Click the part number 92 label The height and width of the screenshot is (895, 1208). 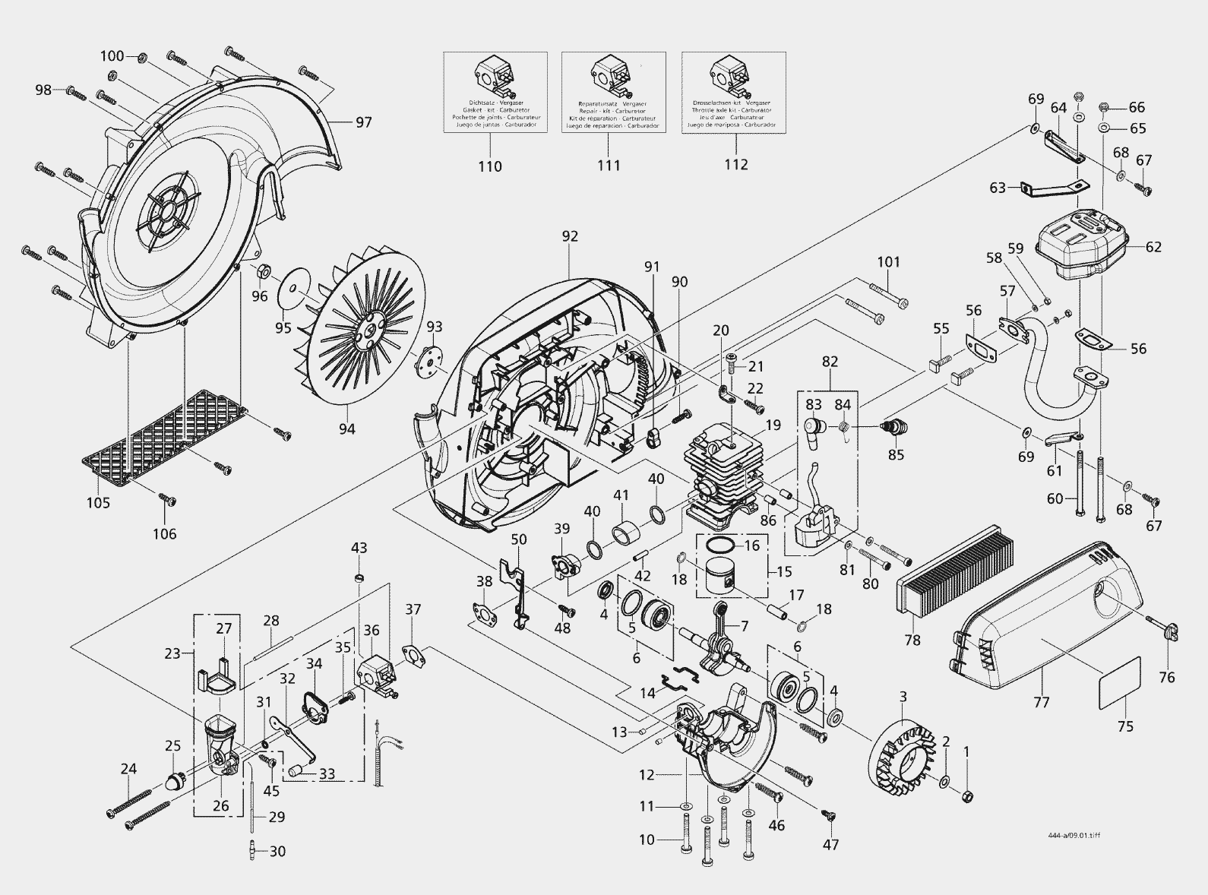point(570,237)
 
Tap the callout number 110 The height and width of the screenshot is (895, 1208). point(490,166)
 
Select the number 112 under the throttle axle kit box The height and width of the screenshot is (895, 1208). point(735,165)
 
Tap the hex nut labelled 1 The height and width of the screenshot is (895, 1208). point(967,795)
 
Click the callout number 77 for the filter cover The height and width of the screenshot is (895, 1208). point(1041,702)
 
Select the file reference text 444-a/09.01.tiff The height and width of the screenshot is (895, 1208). point(1071,836)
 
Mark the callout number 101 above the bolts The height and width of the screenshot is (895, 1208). point(888,262)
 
